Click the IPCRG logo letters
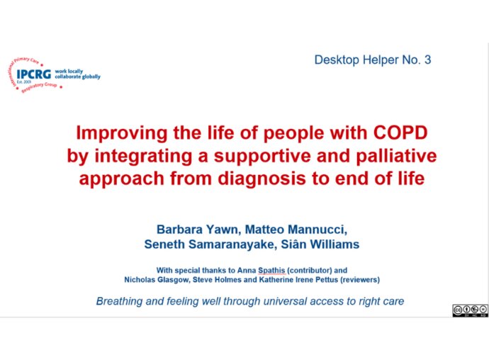pyautogui.click(x=34, y=74)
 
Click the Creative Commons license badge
pyautogui.click(x=471, y=310)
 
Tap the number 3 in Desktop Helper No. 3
pyautogui.click(x=427, y=60)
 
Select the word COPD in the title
pyautogui.click(x=400, y=133)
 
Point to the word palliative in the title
pyautogui.click(x=396, y=156)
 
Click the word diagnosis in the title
pyautogui.click(x=262, y=179)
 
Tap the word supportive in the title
pyautogui.click(x=262, y=157)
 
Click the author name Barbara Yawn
pyautogui.click(x=197, y=230)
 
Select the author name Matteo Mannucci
pyautogui.click(x=295, y=230)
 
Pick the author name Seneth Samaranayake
pyautogui.click(x=210, y=244)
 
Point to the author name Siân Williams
pyautogui.click(x=320, y=244)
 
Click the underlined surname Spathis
pyautogui.click(x=271, y=271)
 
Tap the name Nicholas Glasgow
pyautogui.click(x=156, y=279)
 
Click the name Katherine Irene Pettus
pyautogui.click(x=298, y=279)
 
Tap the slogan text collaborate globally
pyautogui.click(x=78, y=77)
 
